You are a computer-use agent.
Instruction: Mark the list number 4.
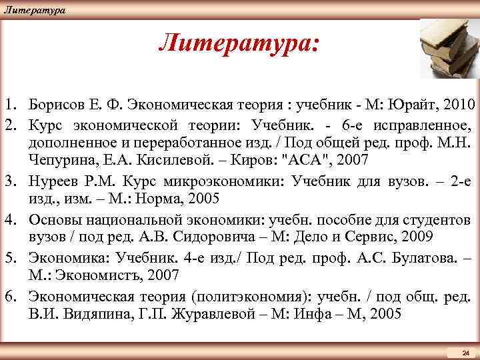11,219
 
